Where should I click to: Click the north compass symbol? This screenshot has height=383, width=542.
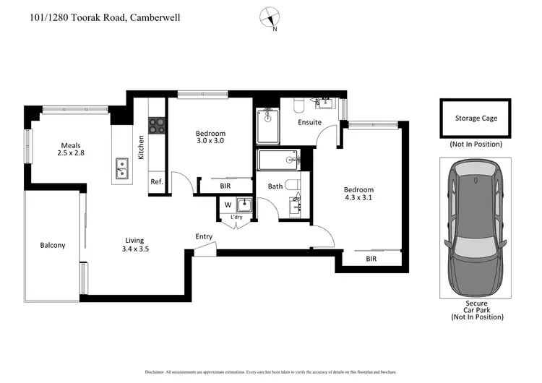click(x=271, y=18)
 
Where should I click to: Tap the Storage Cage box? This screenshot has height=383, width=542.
click(x=476, y=118)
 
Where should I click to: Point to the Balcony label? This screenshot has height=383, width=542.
click(x=53, y=246)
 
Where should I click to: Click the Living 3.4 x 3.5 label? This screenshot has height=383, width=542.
click(x=134, y=245)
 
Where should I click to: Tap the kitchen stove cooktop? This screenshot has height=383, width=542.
click(x=157, y=125)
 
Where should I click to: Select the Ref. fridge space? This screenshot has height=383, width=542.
click(x=157, y=183)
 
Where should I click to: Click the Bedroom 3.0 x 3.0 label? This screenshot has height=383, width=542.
click(x=210, y=137)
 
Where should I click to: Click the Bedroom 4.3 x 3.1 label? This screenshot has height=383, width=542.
click(x=358, y=194)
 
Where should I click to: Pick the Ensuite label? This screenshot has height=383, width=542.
click(x=310, y=122)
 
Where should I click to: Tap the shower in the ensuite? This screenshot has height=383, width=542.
click(x=267, y=126)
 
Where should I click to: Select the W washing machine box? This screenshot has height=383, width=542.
click(x=228, y=205)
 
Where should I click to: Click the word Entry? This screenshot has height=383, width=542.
click(x=204, y=237)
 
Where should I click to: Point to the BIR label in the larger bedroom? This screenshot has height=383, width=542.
click(x=371, y=258)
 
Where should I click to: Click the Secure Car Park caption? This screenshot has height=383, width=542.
click(x=476, y=310)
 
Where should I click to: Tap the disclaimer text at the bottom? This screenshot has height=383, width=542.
click(x=271, y=371)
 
